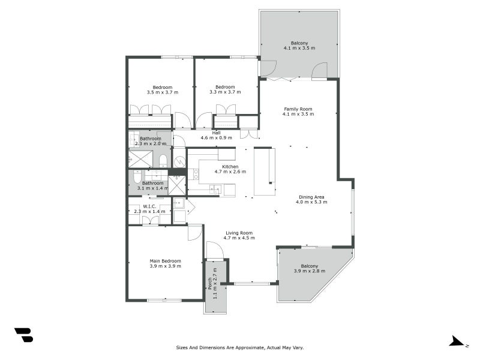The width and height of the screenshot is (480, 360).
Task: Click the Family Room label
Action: point(298,109)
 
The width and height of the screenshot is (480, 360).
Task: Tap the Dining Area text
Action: point(311,197)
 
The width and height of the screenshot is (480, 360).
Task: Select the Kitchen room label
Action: point(230,166)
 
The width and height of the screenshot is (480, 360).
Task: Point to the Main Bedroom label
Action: point(165,261)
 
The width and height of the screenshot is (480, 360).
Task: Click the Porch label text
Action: point(209,283)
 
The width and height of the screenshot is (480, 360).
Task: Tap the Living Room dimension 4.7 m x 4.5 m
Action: point(239,238)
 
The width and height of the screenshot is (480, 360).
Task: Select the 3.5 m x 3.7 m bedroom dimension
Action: point(162,92)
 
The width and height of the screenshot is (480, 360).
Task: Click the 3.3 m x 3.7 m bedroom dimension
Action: point(225,92)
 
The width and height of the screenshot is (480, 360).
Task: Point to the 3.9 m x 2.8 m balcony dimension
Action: point(310,271)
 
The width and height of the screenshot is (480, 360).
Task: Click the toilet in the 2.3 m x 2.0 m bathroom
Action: point(163,160)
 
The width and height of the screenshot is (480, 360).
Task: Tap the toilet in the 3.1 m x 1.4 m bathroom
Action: point(137,178)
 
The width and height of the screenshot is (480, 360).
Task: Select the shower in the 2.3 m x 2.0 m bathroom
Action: point(139,158)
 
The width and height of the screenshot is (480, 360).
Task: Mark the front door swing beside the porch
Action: point(214,250)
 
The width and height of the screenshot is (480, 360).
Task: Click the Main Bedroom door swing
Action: point(194,232)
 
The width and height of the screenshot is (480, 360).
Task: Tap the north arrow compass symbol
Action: point(457,342)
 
